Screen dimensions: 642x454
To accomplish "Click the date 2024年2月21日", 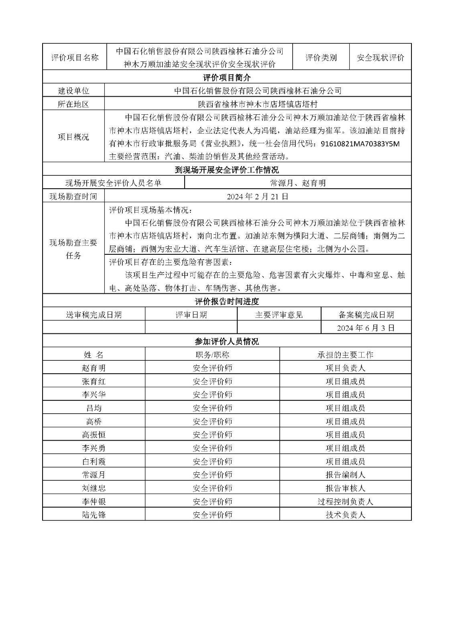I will click(257, 197).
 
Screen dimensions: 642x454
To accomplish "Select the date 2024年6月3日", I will click(366, 328).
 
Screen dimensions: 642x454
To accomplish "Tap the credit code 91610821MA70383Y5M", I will click(360, 144).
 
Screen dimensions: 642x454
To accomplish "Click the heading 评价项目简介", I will click(227, 77).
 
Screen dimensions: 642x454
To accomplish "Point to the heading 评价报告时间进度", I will click(227, 301).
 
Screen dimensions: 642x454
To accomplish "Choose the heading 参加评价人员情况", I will click(227, 341).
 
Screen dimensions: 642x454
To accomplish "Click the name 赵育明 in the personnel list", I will click(94, 368).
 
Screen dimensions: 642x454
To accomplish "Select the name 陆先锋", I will click(94, 515).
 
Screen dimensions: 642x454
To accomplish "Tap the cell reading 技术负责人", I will click(345, 515).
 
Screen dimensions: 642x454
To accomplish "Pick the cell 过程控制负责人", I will click(345, 502).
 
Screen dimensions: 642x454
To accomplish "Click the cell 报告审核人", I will click(345, 488).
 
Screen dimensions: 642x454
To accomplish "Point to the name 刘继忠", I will click(94, 488).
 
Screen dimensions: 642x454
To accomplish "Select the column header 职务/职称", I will click(212, 355).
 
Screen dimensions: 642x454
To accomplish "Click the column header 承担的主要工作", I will click(345, 355).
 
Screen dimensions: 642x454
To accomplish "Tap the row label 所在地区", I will click(73, 104).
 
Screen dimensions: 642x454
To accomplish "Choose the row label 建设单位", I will click(73, 91).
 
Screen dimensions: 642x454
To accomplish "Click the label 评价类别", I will click(321, 58).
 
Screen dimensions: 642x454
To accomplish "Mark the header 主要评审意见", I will click(279, 315).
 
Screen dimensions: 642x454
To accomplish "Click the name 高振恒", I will click(94, 435).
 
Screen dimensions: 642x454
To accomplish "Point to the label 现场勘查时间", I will click(73, 197).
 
